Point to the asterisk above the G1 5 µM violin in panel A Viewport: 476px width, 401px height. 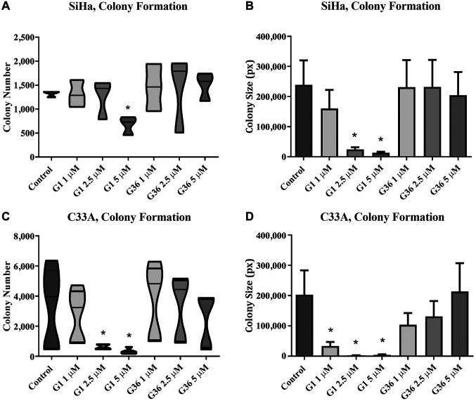click(x=128, y=108)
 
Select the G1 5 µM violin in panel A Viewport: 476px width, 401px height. click(x=128, y=125)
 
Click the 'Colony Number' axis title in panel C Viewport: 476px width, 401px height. click(x=7, y=297)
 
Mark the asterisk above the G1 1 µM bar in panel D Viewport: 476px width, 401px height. click(x=329, y=331)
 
